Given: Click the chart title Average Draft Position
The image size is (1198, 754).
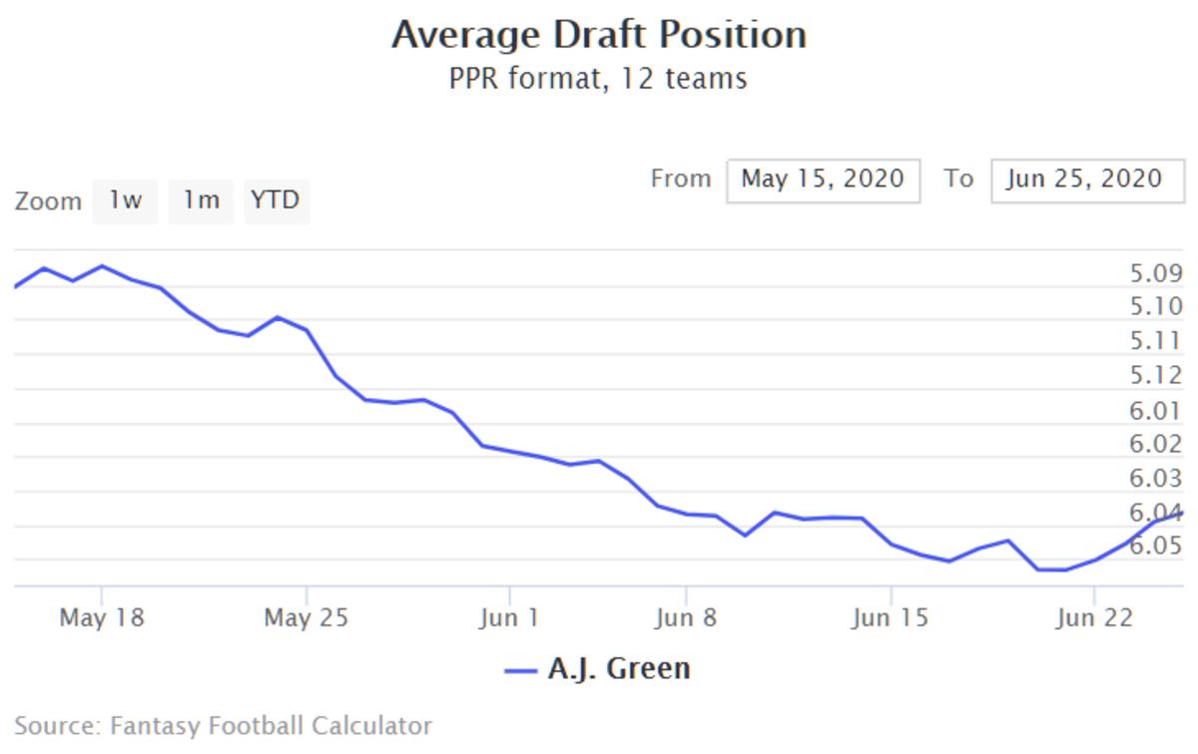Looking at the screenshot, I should click(598, 35).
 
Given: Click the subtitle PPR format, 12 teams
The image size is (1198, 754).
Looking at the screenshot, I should click(598, 78).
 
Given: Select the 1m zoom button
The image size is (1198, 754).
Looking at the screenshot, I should click(200, 200).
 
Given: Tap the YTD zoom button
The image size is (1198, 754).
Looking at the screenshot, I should click(276, 200).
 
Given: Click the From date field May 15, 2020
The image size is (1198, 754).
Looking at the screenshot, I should click(823, 180).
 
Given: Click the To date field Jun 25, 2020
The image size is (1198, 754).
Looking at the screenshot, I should click(1086, 180).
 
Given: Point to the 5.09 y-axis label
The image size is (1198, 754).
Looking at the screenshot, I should click(1156, 273).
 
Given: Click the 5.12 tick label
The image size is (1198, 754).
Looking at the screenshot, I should click(1156, 375).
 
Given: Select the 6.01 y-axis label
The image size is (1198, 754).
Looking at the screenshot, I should click(1156, 410).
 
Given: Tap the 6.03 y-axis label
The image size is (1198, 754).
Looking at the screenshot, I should click(1156, 478).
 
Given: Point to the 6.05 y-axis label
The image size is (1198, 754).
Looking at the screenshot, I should click(1156, 546).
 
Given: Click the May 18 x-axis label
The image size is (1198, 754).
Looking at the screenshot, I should click(102, 618).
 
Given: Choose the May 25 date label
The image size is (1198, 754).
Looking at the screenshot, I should click(306, 618).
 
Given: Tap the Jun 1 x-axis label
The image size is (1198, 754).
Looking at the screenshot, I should click(509, 618).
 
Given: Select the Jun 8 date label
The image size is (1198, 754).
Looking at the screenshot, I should click(686, 618).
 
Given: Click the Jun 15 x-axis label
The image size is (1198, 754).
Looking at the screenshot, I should click(891, 618).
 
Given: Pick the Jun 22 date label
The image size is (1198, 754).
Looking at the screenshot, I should click(1094, 618).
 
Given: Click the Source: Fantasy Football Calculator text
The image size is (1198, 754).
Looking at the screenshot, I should click(224, 726).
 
